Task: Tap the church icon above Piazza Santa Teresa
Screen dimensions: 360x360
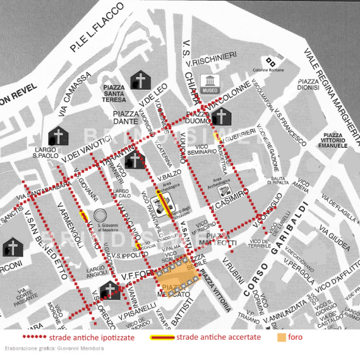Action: [140, 80]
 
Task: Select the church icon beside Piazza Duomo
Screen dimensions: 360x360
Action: [220, 117]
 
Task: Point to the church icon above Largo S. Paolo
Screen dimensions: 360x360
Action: [59, 136]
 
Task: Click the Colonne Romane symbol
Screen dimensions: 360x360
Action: [271, 61]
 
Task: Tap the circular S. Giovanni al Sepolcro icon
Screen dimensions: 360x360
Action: [100, 215]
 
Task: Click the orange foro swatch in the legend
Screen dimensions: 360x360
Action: [281, 337]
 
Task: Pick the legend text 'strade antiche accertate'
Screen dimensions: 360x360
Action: [218, 337]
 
